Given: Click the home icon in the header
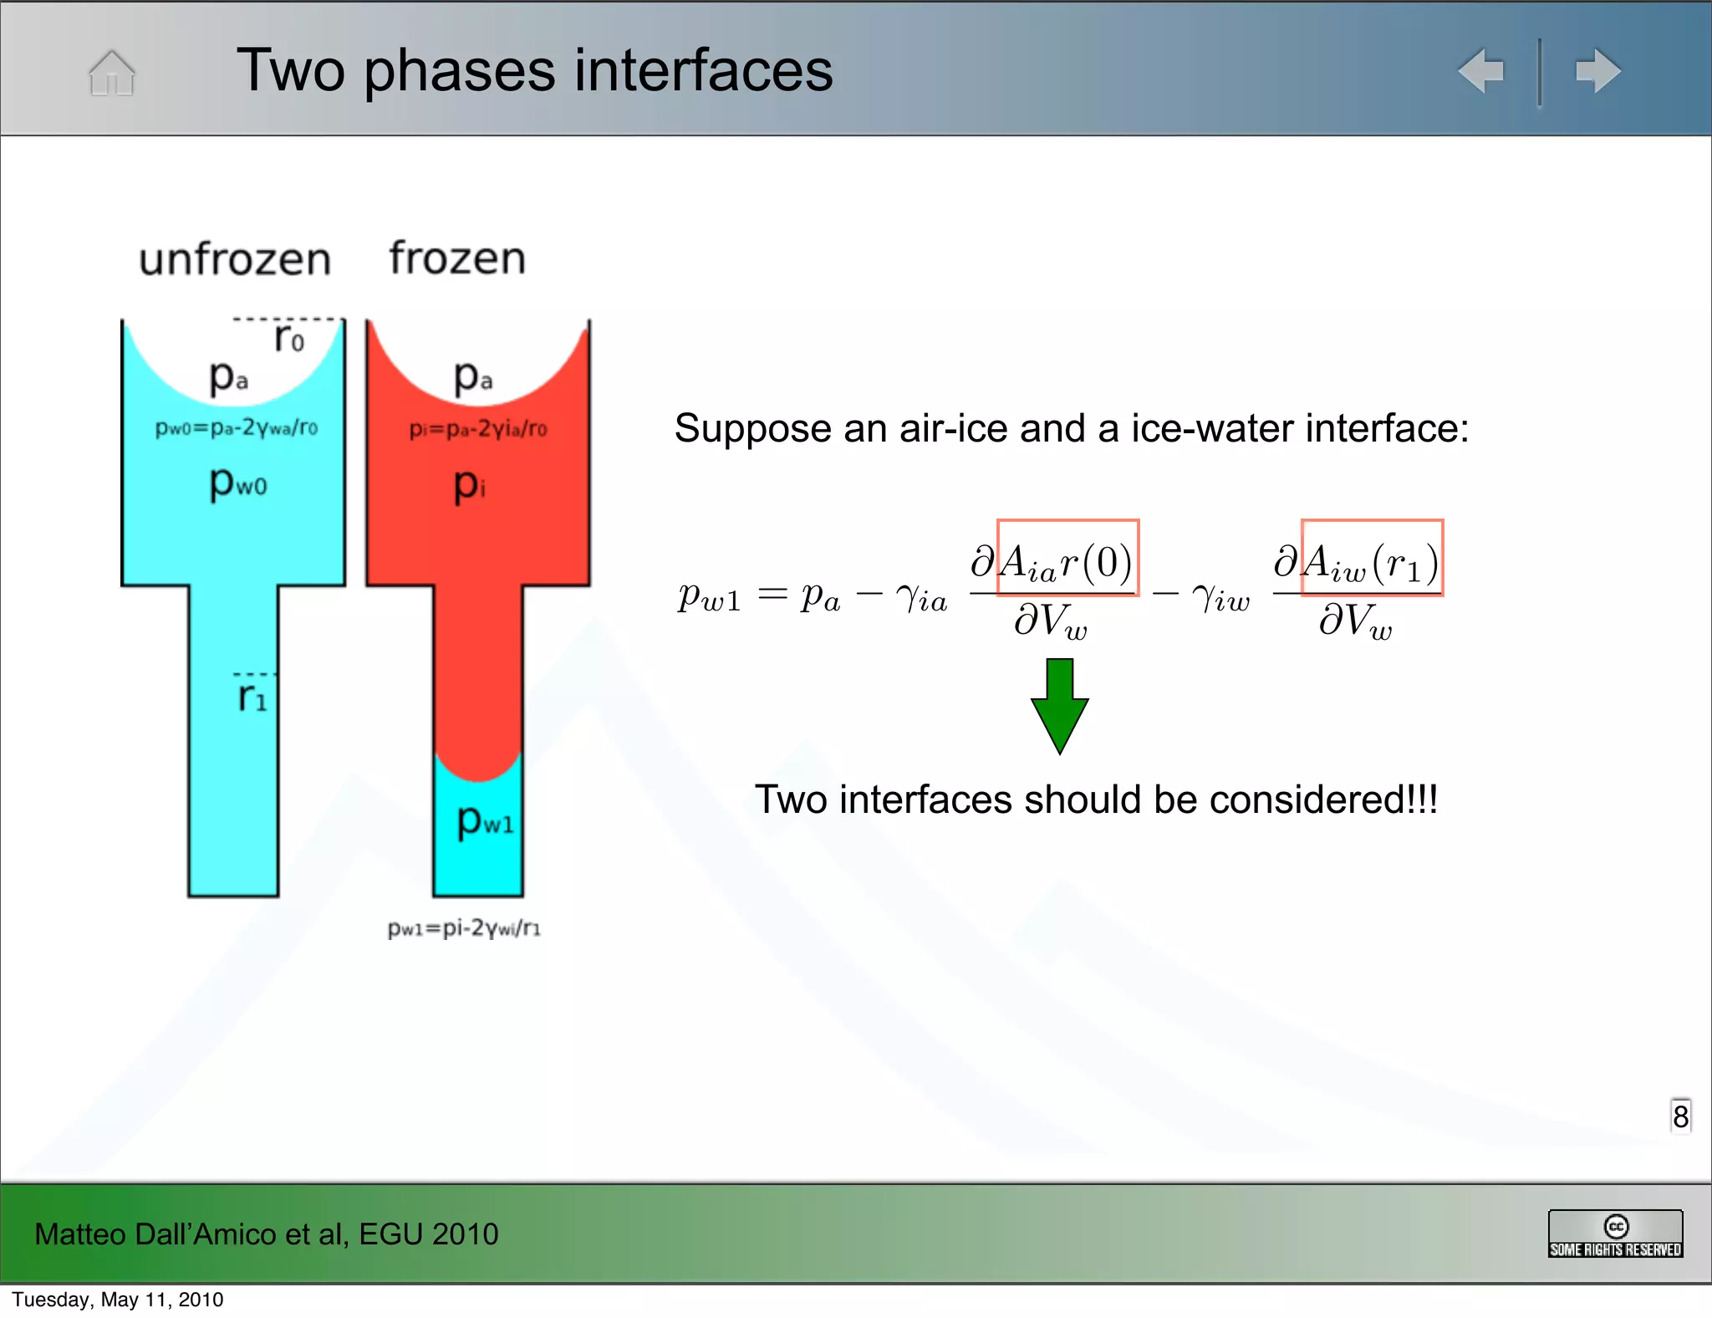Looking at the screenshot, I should point(111,73).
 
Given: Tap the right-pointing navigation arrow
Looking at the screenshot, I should point(1597,71).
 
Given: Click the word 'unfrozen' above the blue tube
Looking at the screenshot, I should point(235,259).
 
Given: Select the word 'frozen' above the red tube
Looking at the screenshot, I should point(457,258).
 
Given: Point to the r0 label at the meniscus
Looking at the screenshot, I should point(289,338).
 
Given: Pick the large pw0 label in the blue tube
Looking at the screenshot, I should point(238,483).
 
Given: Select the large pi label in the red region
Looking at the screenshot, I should point(469,484).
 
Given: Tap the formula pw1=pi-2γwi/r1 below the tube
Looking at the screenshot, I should point(464,927).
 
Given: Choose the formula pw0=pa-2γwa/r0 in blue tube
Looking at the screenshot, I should point(237,428).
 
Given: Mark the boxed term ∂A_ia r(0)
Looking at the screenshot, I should point(1067,558).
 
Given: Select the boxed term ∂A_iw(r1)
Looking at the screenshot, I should point(1371,558).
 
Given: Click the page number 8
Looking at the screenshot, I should point(1680,1116).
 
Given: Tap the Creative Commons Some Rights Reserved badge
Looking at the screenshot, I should point(1615,1234).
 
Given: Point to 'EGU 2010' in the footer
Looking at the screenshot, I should point(429,1234).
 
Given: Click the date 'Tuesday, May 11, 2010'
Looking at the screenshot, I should point(118,1300).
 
